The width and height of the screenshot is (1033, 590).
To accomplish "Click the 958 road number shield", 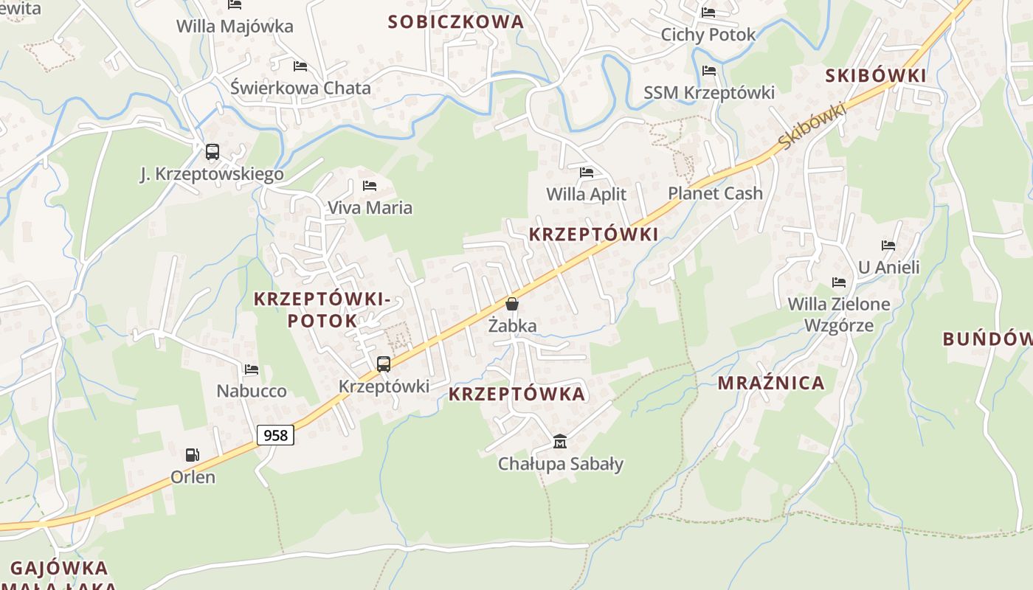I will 276,435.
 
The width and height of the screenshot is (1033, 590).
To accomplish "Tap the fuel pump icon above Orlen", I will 193,455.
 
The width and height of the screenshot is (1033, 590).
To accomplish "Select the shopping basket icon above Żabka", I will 512,304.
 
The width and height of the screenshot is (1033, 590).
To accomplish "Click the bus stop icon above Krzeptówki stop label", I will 384,364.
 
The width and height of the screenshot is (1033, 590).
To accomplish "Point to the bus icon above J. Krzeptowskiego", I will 213,152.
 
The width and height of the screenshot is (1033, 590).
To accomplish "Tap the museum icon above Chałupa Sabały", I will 560,442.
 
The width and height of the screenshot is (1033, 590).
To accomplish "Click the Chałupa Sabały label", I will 561,464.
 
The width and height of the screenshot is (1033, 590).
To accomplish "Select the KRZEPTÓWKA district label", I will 516,394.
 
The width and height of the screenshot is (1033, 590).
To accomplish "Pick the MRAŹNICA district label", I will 771,383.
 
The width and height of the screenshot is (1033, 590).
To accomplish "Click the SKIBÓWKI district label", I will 876,75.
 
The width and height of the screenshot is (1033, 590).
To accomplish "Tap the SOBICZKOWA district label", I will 456,22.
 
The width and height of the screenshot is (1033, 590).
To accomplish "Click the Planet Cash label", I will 715,193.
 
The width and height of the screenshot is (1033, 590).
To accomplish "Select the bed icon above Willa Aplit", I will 587,173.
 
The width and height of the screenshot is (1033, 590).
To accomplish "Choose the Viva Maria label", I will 370,208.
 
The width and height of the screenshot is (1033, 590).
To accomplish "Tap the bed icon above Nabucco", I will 252,369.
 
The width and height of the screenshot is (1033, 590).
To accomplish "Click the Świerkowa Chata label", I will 300,88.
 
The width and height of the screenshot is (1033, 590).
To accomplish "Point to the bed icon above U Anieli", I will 888,246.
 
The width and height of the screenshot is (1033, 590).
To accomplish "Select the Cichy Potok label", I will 708,35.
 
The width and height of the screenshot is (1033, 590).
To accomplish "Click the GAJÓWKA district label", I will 59,569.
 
